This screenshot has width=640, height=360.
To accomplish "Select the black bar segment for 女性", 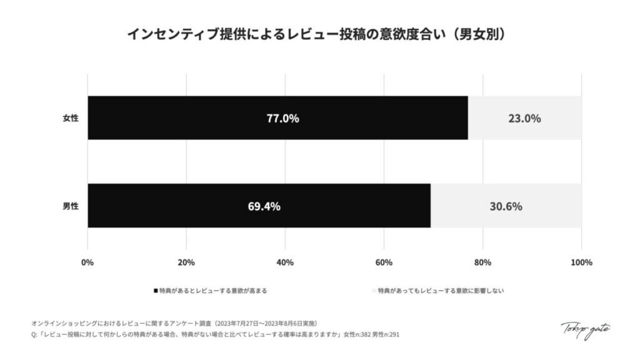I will point(187,118).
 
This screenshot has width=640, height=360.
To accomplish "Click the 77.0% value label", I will point(282,118).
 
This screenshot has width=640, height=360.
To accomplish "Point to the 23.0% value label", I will point(524,118).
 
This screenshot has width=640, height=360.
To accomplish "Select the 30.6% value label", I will point(506,206).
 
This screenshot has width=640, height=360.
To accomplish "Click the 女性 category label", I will point(71,118).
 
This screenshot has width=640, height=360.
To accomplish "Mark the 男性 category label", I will point(71,206).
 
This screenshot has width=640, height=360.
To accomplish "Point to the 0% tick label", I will point(87,262).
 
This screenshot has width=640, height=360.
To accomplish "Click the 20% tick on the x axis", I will point(186,262).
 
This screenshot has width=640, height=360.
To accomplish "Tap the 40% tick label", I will point(285,262).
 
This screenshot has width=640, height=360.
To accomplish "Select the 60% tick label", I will point(384,262).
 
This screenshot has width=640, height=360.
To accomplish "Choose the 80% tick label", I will point(482,262).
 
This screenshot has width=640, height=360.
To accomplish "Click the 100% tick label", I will point(581,262).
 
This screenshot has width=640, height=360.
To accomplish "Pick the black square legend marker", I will point(156,291).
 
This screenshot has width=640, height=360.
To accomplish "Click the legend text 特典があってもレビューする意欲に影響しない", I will point(441,291).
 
